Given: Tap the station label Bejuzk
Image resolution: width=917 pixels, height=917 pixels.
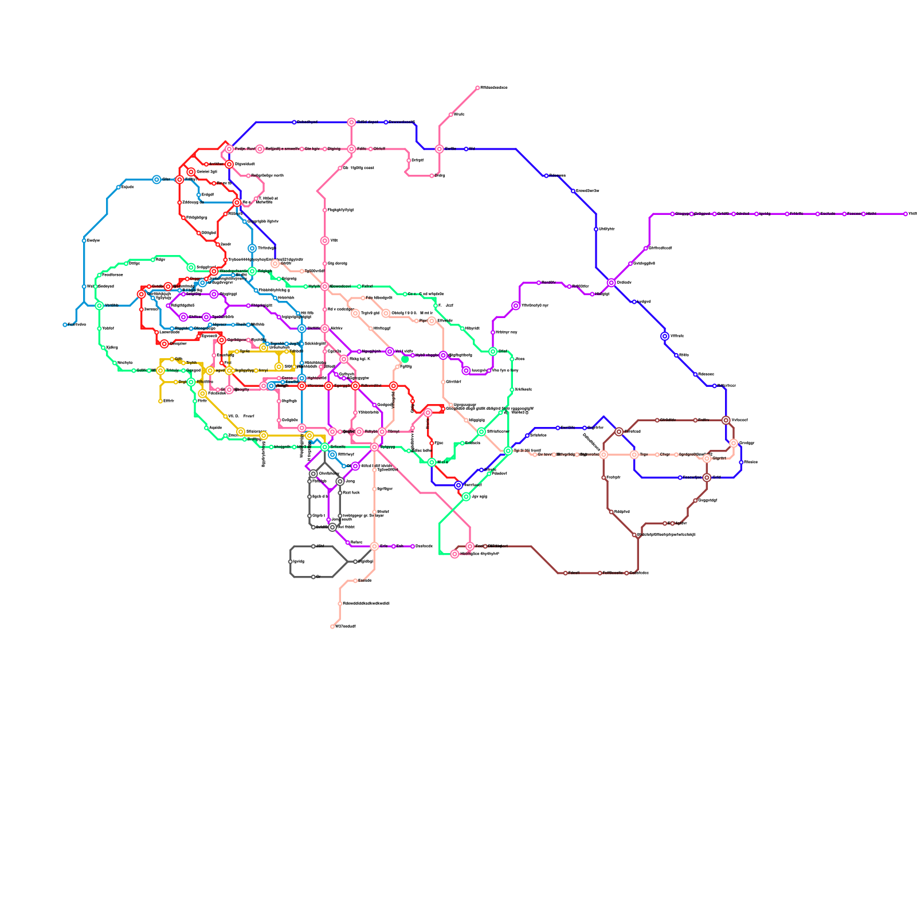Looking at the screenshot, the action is click(128, 187).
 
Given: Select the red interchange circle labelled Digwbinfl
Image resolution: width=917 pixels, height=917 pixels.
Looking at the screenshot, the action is click(229, 164).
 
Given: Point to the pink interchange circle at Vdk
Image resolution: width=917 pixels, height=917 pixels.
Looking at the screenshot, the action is click(325, 241).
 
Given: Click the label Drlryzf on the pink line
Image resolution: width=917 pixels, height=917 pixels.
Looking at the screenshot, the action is click(417, 160).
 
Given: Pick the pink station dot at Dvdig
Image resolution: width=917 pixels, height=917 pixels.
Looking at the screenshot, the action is click(432, 176).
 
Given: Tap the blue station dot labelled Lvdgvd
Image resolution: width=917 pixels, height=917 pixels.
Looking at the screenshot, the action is click(634, 302).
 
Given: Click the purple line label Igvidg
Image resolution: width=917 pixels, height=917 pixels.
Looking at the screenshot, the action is click(765, 214).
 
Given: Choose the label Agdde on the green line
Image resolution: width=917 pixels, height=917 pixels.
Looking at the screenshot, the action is click(215, 428).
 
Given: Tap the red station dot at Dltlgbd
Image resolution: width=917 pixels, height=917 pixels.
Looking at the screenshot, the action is click(199, 233).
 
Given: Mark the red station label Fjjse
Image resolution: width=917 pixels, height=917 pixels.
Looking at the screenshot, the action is click(439, 443).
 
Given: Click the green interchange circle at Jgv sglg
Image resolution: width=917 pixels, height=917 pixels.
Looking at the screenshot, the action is click(466, 497).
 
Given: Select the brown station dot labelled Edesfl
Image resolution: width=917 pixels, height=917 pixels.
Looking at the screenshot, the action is click(566, 573).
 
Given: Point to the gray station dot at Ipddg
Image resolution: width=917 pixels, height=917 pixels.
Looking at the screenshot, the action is click(291, 562).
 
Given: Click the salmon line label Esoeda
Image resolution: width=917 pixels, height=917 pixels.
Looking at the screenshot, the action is click(365, 581).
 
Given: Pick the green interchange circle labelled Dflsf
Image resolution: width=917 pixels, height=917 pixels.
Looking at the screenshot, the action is click(493, 351).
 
